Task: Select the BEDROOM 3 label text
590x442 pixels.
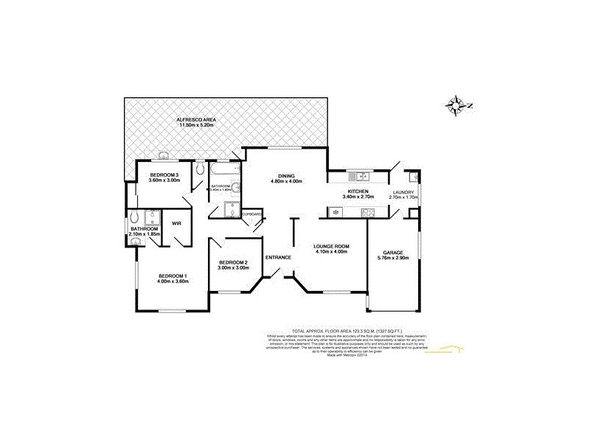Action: coord(163,175)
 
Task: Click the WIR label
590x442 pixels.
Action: coord(177,222)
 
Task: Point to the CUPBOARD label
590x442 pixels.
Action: coord(251,214)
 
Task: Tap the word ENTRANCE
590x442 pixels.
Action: coord(280,257)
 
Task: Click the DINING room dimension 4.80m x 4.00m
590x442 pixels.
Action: coord(287,181)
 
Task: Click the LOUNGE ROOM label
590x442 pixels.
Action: coord(330,245)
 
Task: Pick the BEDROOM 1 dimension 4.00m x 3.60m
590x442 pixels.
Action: coord(173,282)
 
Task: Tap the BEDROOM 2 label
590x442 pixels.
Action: coord(233,263)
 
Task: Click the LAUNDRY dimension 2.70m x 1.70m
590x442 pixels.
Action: coord(403,197)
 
